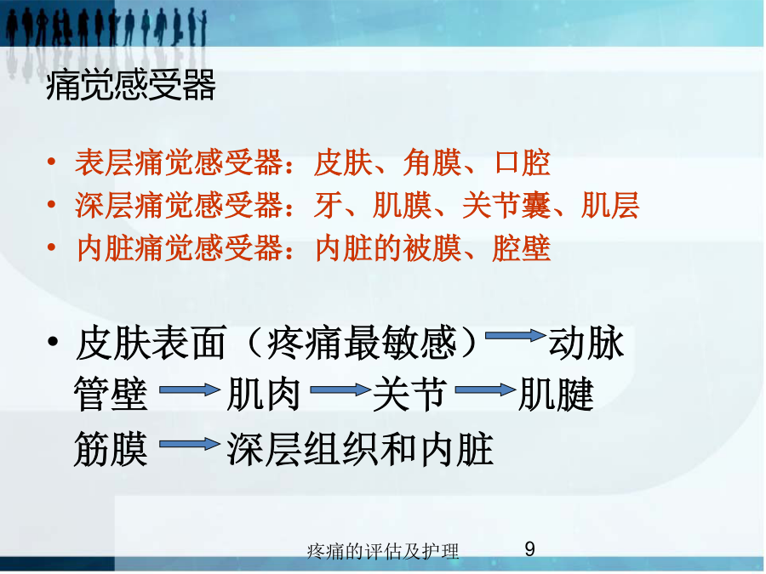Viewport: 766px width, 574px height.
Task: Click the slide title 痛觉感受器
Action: tap(131, 85)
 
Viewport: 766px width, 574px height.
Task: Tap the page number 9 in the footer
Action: tap(529, 549)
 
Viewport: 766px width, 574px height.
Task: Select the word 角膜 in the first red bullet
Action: tap(432, 162)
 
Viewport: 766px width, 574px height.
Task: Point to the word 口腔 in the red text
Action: tap(523, 162)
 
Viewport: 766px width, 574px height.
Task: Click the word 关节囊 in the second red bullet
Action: tap(506, 205)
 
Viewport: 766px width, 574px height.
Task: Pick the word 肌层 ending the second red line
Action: tap(610, 205)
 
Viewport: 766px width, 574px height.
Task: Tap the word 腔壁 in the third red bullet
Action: tap(522, 248)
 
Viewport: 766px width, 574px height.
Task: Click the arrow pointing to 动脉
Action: tap(516, 335)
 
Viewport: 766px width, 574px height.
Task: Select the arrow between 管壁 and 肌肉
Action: tap(190, 389)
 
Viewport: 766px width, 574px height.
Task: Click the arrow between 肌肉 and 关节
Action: tap(340, 389)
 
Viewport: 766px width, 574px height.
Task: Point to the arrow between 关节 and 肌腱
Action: tap(485, 389)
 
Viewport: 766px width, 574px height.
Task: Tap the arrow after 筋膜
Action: tap(190, 444)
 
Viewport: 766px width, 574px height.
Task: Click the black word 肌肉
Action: tap(264, 394)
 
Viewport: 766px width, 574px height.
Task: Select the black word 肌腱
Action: tap(556, 394)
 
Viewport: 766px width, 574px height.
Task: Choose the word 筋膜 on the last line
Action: tap(111, 448)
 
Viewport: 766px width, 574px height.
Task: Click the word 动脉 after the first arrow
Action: tap(586, 343)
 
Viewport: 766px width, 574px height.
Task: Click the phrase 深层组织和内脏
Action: tap(360, 448)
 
